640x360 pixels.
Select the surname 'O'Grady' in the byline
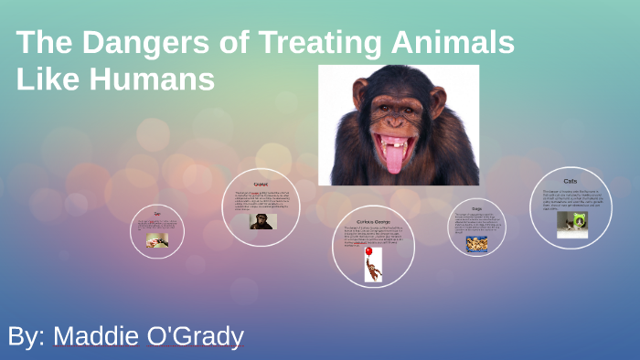pyautogui.click(x=195, y=335)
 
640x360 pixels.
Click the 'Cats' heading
pyautogui.click(x=571, y=181)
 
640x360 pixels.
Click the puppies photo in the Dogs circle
pyautogui.click(x=476, y=244)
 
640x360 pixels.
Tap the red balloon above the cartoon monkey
pyautogui.click(x=368, y=250)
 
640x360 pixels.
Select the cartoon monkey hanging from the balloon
pyautogui.click(x=374, y=269)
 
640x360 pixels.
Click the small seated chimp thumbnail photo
pyautogui.click(x=261, y=220)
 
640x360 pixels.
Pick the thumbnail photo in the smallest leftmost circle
pyautogui.click(x=157, y=240)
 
